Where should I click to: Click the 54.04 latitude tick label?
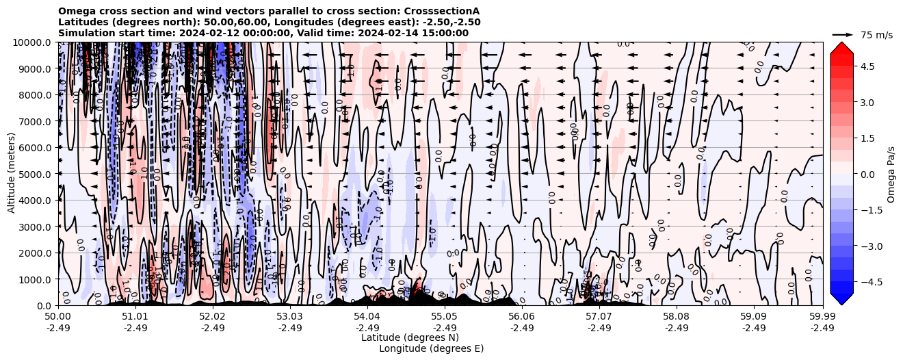(367, 317)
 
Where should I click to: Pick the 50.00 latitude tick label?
(58, 317)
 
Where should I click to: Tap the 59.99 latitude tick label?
(822, 317)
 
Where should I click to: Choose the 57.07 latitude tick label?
(599, 317)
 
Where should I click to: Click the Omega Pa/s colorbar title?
(891, 174)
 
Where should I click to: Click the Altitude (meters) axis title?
(12, 174)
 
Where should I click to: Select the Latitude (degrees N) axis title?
(410, 337)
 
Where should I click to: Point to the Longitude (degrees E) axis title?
(431, 348)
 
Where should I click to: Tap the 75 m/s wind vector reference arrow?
(843, 34)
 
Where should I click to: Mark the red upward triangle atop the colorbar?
(841, 47)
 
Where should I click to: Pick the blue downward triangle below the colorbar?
(841, 299)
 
